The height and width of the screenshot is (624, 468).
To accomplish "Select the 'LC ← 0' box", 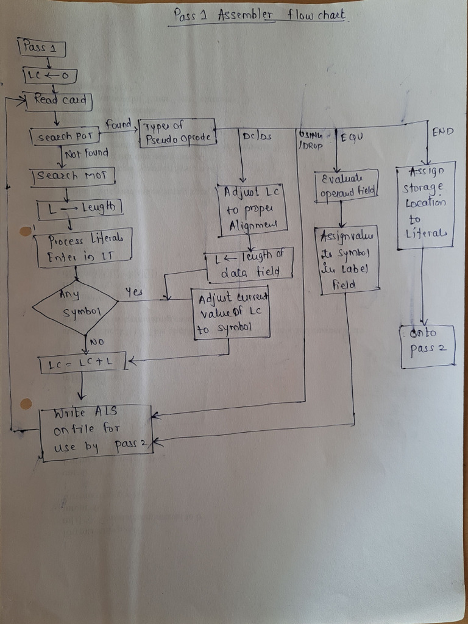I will (50, 76).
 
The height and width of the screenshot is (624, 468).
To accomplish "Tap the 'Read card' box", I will (57, 101).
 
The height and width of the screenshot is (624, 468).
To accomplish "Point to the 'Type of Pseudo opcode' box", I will (177, 133).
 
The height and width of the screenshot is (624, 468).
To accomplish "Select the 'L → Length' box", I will (79, 208).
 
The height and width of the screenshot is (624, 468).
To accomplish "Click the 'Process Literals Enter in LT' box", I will (82, 248).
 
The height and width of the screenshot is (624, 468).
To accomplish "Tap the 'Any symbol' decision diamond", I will (75, 307).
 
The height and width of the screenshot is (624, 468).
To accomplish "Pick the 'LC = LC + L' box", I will (82, 364).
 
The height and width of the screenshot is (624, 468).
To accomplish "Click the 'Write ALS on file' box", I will (96, 432).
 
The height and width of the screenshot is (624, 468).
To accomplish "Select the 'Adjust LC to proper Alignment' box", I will (252, 209).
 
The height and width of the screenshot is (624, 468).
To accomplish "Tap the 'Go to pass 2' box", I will (428, 346).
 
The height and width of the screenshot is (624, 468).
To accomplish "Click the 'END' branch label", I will (442, 132).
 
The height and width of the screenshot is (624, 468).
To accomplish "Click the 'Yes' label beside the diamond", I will (133, 292).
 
